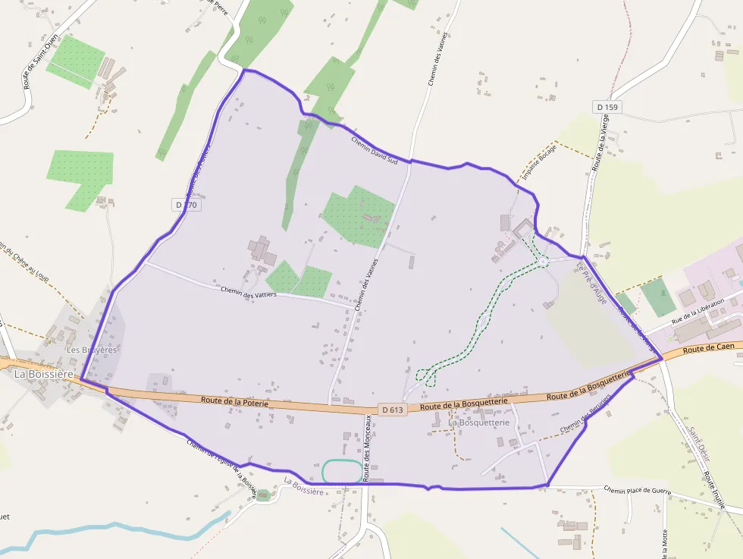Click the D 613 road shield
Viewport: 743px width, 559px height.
394,410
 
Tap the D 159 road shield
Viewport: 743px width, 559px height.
607,107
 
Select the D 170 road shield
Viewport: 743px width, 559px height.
186,205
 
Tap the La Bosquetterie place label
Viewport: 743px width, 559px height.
478,422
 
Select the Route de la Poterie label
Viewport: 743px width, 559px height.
235,402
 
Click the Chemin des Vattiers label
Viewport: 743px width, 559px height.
248,291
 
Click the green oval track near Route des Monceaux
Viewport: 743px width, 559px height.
342,471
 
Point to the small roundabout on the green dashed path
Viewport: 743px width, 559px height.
544,262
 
